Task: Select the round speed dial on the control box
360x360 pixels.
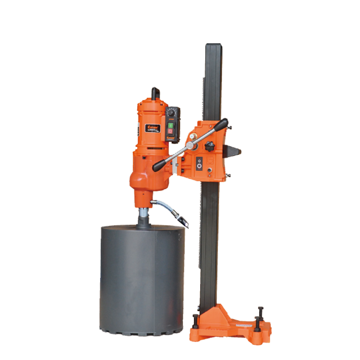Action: coord(171,112)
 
